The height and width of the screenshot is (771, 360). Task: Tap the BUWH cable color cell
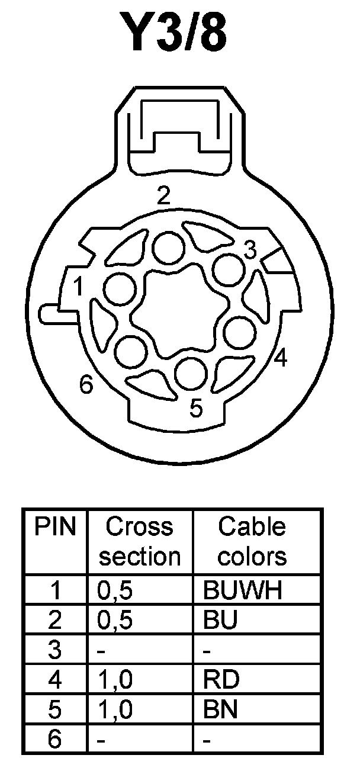tap(242, 590)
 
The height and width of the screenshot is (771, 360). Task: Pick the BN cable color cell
tap(220, 708)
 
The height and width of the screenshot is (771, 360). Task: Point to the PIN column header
tap(56, 526)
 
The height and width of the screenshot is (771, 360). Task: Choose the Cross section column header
tap(140, 541)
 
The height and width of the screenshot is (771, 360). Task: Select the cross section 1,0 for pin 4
tap(114, 679)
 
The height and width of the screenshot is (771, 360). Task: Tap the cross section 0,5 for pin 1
tap(114, 590)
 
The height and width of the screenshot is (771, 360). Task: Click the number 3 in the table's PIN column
tap(55, 650)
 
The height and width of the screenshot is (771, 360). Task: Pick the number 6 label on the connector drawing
tap(86, 386)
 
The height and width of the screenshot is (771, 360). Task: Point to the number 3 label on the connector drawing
tap(250, 251)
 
